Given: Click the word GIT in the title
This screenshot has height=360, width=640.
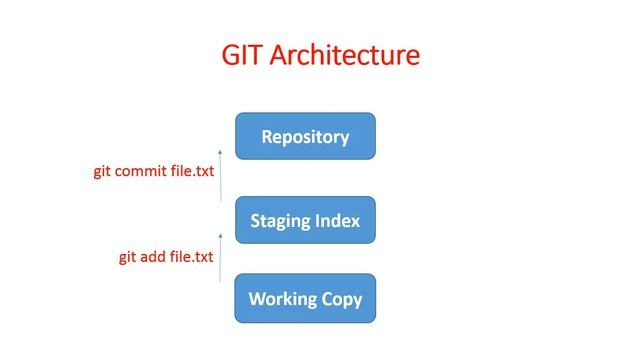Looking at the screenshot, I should point(245,55).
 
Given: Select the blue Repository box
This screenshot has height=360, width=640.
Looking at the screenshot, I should point(305,136).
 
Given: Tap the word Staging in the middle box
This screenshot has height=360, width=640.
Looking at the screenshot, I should point(283,220).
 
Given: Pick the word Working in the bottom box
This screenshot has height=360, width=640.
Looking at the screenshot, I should point(283,299).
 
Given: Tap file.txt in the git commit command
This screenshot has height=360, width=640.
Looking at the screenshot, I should point(192,171).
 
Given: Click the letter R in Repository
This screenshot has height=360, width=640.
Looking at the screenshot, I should point(267,137).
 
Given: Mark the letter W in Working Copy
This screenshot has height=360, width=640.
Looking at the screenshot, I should point(256,299).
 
